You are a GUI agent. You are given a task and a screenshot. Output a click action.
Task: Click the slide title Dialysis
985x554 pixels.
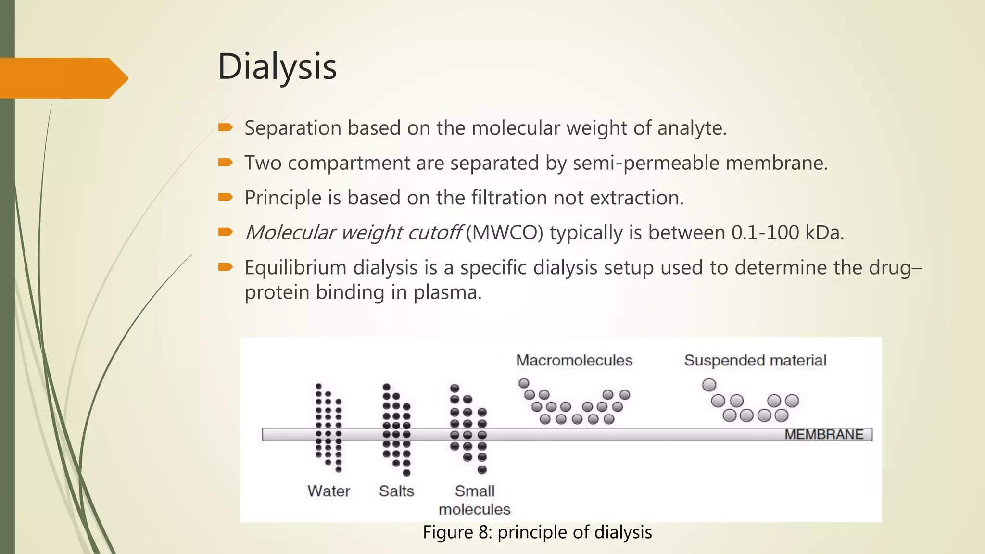pyautogui.click(x=277, y=66)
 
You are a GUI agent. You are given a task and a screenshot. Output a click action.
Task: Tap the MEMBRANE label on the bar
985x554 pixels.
pyautogui.click(x=824, y=434)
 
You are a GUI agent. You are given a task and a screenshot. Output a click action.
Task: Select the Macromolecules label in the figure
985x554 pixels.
pyautogui.click(x=574, y=360)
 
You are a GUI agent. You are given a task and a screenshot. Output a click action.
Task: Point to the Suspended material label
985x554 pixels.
pyautogui.click(x=755, y=360)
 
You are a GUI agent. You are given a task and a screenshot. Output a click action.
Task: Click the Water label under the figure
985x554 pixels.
pyautogui.click(x=329, y=491)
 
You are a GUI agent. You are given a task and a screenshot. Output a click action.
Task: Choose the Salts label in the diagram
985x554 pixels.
pyautogui.click(x=396, y=491)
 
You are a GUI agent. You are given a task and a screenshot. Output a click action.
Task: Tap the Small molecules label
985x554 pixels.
pyautogui.click(x=474, y=500)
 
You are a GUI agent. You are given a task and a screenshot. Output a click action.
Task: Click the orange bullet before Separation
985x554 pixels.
pyautogui.click(x=226, y=127)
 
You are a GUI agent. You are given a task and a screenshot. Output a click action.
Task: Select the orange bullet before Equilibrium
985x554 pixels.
pyautogui.click(x=226, y=267)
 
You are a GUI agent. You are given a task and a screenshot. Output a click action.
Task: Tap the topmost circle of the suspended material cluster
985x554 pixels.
pyautogui.click(x=709, y=385)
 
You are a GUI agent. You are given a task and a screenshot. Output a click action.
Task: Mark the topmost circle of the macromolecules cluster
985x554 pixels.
pyautogui.click(x=524, y=383)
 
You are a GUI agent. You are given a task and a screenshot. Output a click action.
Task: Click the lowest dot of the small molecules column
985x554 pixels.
pyautogui.click(x=482, y=470)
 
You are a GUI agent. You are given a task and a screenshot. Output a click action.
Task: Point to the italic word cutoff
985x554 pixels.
pyautogui.click(x=435, y=233)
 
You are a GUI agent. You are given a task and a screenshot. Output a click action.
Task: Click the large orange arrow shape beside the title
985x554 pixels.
pyautogui.click(x=63, y=78)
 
